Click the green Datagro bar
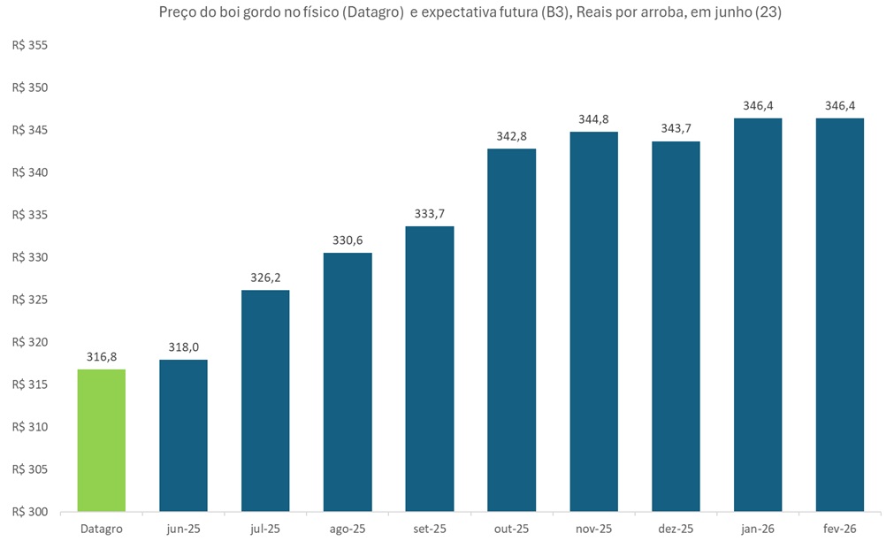pyautogui.click(x=101, y=440)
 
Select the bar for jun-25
pyautogui.click(x=183, y=435)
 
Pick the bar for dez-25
pyautogui.click(x=676, y=326)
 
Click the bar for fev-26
pyautogui.click(x=839, y=315)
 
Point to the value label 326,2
pyautogui.click(x=265, y=277)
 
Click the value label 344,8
pyautogui.click(x=593, y=118)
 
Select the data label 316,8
pyautogui.click(x=101, y=356)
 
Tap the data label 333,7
pyautogui.click(x=429, y=213)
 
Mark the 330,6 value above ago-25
pyautogui.click(x=348, y=240)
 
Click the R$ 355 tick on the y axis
pyautogui.click(x=31, y=46)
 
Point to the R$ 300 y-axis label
pyautogui.click(x=31, y=512)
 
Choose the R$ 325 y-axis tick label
pyautogui.click(x=31, y=300)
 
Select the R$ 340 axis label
pyautogui.click(x=31, y=172)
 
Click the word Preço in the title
pyautogui.click(x=177, y=13)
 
